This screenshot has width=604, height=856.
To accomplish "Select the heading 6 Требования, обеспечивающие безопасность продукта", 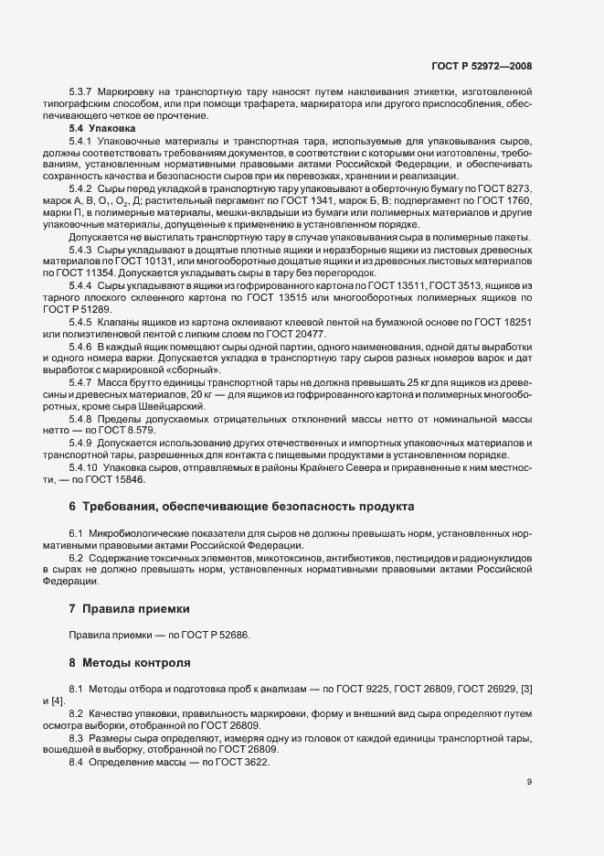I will (241, 506).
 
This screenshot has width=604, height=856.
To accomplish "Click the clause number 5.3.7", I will (83, 92).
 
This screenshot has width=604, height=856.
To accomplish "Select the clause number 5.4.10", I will (86, 466).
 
